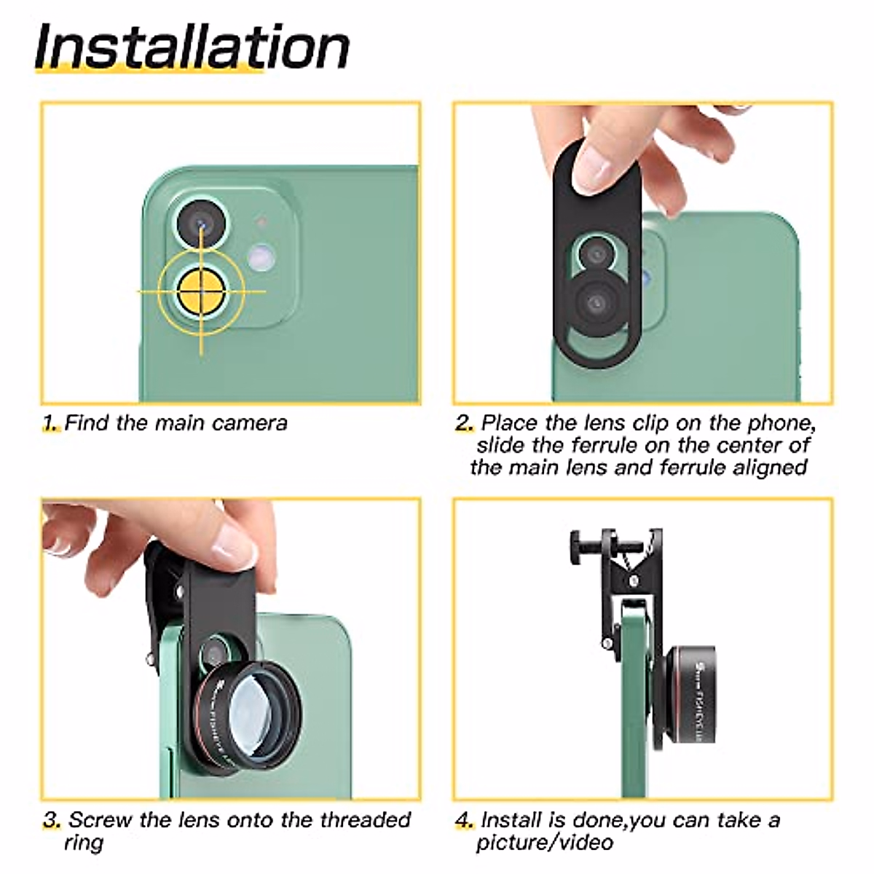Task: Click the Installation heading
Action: [192, 47]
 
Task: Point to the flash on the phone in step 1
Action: [259, 256]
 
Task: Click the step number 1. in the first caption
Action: [51, 423]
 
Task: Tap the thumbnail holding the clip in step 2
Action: [592, 170]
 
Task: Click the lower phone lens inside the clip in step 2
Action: [597, 302]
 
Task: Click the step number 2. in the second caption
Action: [464, 423]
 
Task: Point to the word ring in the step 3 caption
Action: [83, 843]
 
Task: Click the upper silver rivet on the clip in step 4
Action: [633, 581]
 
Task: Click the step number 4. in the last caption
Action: [465, 820]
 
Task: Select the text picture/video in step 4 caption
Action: [544, 843]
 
